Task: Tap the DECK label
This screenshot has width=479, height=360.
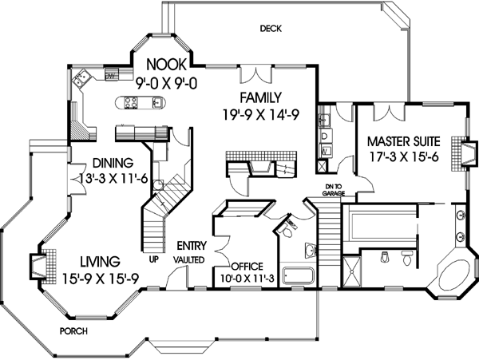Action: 271,30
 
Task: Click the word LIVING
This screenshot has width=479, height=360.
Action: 100,261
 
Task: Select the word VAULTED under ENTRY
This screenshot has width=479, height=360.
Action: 190,260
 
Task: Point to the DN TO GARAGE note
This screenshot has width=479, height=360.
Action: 334,191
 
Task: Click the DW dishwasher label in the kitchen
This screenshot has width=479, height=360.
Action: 111,75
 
